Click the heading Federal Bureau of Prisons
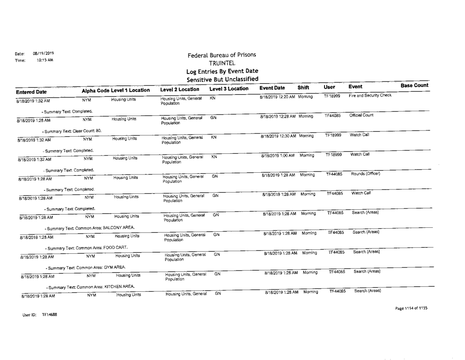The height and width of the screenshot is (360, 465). tap(221, 56)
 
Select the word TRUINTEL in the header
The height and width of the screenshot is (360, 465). tap(221, 63)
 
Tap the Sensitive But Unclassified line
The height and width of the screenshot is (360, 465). tap(221, 79)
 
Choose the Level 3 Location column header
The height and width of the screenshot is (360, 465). tap(227, 89)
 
